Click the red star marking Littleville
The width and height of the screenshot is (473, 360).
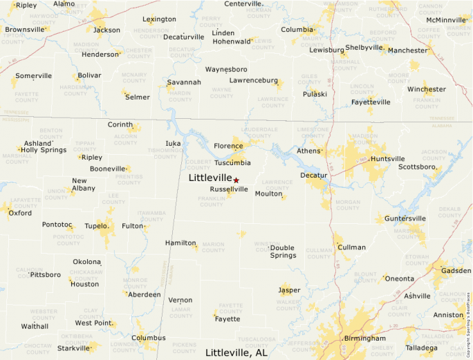[236, 180]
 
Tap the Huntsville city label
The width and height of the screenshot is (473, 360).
[387, 159]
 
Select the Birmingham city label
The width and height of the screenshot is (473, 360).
[364, 339]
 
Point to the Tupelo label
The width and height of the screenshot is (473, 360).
[95, 226]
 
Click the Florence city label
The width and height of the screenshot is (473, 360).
[228, 146]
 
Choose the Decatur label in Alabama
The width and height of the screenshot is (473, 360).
[313, 176]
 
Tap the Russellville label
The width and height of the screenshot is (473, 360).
[228, 189]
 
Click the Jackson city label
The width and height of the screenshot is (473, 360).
[106, 30]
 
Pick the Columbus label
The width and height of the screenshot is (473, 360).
[149, 338]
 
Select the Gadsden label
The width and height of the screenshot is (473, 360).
[456, 270]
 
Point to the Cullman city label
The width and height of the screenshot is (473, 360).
[351, 247]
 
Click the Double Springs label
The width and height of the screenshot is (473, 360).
[283, 252]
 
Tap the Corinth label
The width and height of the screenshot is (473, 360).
[120, 124]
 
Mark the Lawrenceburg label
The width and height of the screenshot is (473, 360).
[254, 81]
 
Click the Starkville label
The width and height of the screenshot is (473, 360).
[73, 348]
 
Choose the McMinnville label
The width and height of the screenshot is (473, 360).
[447, 20]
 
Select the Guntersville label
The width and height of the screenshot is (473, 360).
[405, 218]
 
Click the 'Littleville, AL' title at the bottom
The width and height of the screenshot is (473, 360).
[236, 352]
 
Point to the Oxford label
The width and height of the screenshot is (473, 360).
[20, 214]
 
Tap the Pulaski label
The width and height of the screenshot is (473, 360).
[315, 94]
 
